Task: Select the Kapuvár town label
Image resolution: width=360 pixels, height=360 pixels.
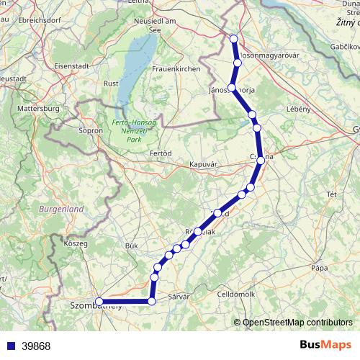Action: (203, 164)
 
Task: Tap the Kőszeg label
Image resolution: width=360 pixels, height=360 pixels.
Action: (76, 244)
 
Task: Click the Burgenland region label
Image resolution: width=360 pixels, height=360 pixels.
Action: (61, 209)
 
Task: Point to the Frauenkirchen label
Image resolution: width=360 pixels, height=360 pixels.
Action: (171, 68)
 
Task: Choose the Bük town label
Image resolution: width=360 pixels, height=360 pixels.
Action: (131, 246)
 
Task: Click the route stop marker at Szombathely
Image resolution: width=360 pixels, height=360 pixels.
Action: (99, 302)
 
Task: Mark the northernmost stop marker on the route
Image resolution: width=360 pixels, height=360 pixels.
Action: (233, 39)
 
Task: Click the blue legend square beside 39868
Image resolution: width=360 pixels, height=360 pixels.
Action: (9, 346)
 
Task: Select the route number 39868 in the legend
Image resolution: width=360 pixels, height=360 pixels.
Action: (36, 346)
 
